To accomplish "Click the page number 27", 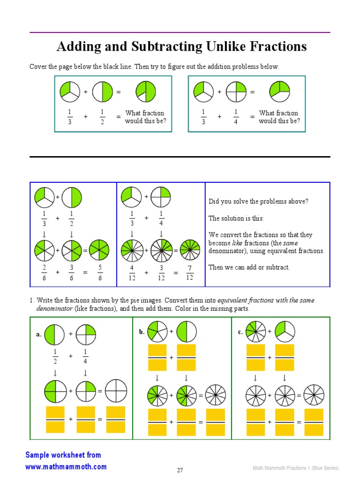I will click(180, 470).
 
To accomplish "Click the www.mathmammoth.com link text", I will click(66, 466).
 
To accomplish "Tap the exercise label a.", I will click(39, 335).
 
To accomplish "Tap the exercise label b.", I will click(142, 332).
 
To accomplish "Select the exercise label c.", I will click(240, 332).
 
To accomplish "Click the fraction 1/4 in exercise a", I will click(85, 356).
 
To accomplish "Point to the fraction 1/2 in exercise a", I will click(55, 356).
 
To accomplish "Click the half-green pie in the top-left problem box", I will click(102, 92).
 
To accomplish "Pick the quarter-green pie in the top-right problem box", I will click(236, 92).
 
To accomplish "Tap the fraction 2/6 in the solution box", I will click(44, 272).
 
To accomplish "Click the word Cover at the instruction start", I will click(38, 67).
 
